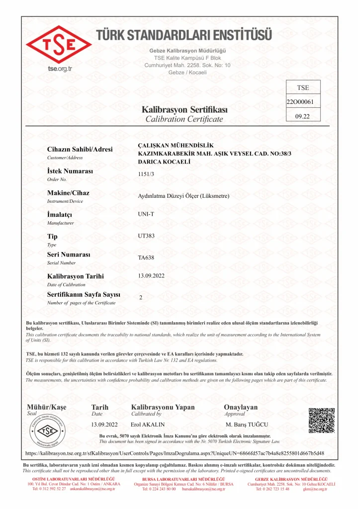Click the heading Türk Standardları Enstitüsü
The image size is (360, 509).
(x=184, y=35)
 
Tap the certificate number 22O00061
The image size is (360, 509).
(x=299, y=102)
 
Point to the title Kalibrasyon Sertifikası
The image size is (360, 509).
(x=184, y=109)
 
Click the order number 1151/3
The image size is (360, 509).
(x=146, y=174)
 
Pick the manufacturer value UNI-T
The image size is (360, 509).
(x=146, y=214)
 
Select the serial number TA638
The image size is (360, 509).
(x=146, y=257)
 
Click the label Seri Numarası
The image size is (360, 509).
(x=69, y=254)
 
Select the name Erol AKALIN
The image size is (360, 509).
(x=148, y=424)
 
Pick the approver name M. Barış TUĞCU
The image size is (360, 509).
(x=247, y=424)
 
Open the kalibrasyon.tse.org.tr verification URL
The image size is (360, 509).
(x=175, y=453)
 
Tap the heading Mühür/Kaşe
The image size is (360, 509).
(x=46, y=407)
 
